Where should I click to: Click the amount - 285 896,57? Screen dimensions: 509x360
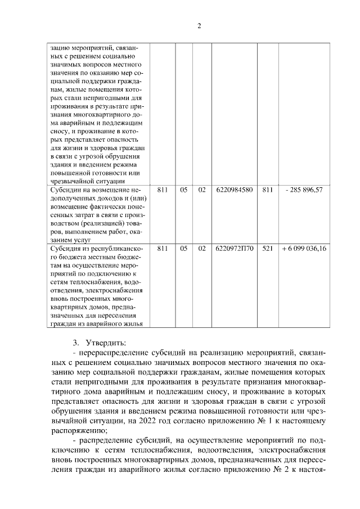(x=304, y=190)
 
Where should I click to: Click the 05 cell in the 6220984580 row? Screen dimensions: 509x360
(x=184, y=190)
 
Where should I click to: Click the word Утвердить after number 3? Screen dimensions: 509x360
(x=107, y=343)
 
